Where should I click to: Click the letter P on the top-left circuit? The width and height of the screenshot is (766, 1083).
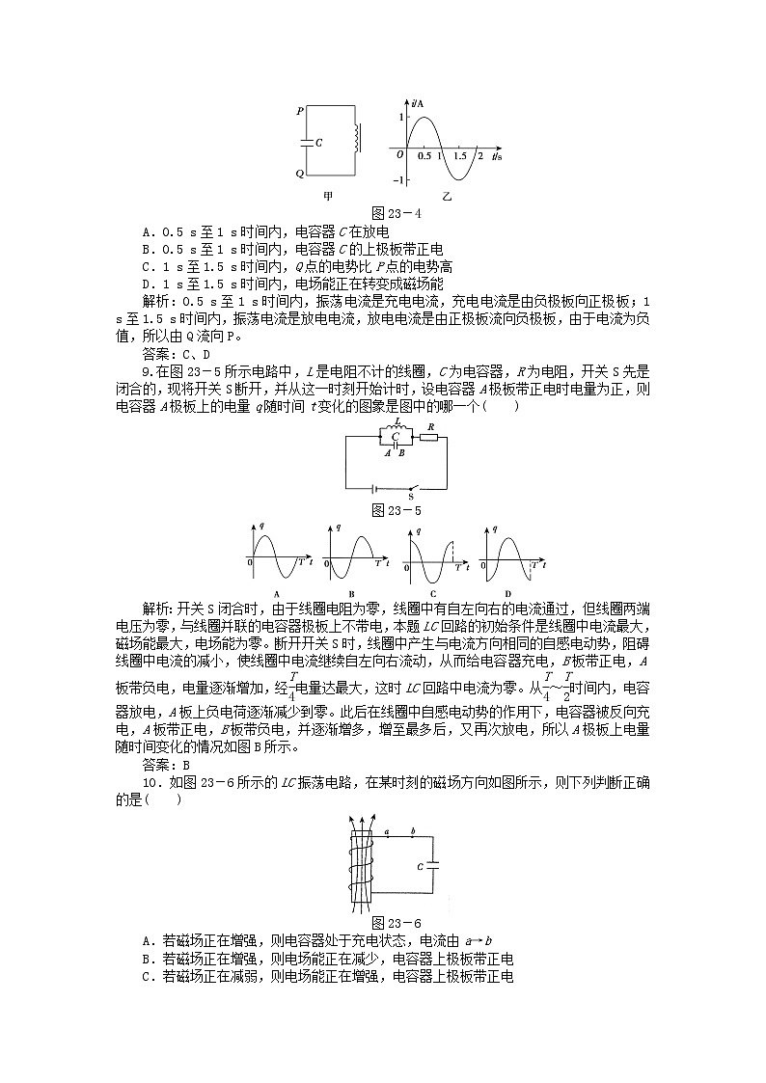coord(300,111)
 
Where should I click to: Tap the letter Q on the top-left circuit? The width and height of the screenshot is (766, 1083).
coord(300,174)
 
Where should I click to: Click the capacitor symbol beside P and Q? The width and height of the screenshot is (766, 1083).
coord(308,142)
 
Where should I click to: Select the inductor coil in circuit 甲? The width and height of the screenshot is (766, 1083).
coord(358,137)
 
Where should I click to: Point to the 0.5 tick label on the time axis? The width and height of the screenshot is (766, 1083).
coord(424,155)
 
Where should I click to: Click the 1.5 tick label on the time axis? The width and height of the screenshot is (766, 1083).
coord(460,155)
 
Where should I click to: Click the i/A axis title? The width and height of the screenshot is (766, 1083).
coord(416,100)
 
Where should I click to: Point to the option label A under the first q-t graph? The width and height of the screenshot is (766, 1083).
coord(277,592)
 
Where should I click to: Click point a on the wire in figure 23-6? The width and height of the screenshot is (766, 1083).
coord(387,831)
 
